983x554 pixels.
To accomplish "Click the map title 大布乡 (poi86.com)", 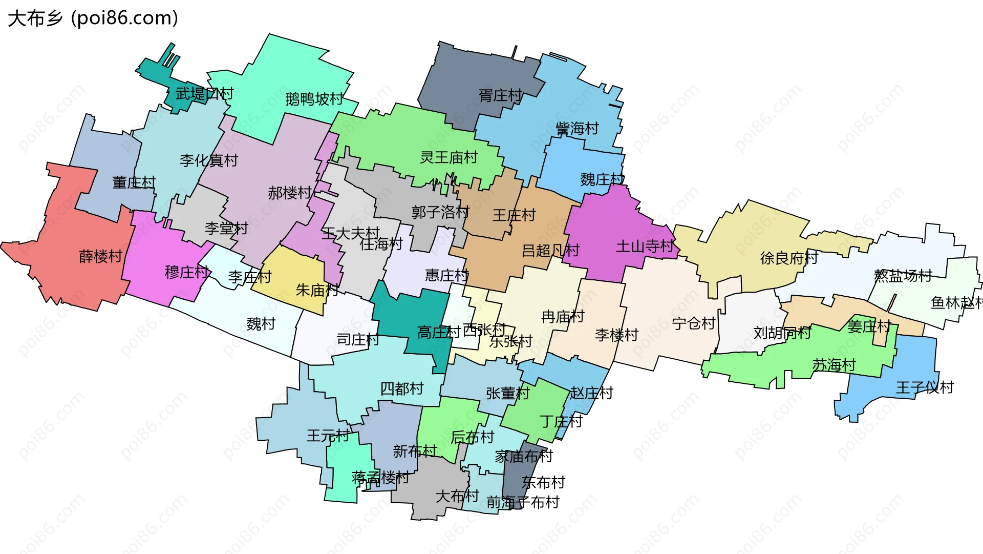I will (93, 18).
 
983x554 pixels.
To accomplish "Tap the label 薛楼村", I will (101, 256).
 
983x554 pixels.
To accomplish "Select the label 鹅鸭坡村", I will (314, 99).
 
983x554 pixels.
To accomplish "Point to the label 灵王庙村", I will (448, 157).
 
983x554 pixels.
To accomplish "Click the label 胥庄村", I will (500, 95).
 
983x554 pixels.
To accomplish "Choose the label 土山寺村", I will (645, 247).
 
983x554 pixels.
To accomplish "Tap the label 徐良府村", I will (789, 258).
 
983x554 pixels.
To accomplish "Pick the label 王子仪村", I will (925, 387).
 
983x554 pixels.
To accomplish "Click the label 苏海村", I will (834, 365).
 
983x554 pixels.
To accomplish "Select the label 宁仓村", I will (693, 324).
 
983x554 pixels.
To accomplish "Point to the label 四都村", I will (402, 389).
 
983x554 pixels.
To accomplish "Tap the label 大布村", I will (457, 496).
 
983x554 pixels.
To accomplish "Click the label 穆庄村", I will (186, 272).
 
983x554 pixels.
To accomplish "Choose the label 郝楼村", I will (289, 193).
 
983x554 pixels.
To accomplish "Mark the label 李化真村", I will (209, 160).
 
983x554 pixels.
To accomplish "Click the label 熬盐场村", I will (903, 276).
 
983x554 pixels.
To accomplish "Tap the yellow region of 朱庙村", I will (287, 272).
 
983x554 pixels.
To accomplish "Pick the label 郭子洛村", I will (440, 212).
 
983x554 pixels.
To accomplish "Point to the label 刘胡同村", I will (782, 333).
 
